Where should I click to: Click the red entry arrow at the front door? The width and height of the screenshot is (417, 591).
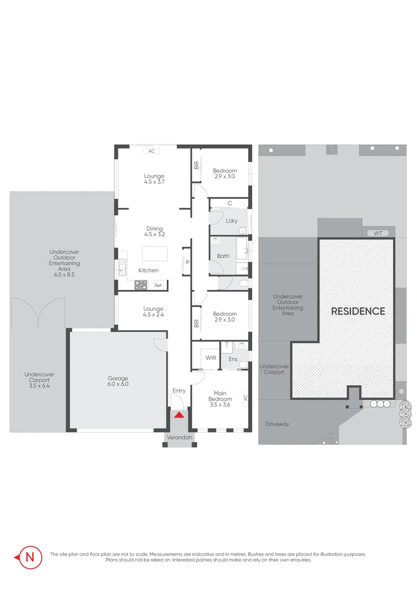click(x=179, y=414)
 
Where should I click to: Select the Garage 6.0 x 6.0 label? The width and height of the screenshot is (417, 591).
click(x=118, y=381)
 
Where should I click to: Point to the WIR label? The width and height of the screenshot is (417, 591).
click(x=210, y=358)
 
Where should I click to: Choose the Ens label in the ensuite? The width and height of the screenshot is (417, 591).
click(x=233, y=359)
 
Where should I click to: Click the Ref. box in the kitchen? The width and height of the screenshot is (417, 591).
click(x=159, y=285)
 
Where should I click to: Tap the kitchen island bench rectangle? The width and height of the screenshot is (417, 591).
click(x=155, y=254)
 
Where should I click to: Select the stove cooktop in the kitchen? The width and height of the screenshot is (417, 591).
click(x=140, y=285)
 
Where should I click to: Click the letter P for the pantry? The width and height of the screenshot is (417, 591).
click(x=188, y=262)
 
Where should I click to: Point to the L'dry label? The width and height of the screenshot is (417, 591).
click(x=232, y=221)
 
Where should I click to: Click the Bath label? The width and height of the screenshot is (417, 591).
click(x=223, y=256)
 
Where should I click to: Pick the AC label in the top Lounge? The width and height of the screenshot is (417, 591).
click(x=151, y=151)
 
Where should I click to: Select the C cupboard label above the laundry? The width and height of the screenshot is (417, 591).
click(x=229, y=204)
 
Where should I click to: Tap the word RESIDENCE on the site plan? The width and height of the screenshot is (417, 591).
click(x=358, y=311)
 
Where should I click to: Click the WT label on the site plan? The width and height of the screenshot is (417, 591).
click(x=378, y=233)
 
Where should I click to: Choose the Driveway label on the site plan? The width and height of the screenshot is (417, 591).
click(x=277, y=424)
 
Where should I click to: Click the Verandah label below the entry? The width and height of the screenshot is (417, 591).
click(x=180, y=438)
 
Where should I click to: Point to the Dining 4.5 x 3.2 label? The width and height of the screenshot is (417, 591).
click(x=154, y=231)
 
